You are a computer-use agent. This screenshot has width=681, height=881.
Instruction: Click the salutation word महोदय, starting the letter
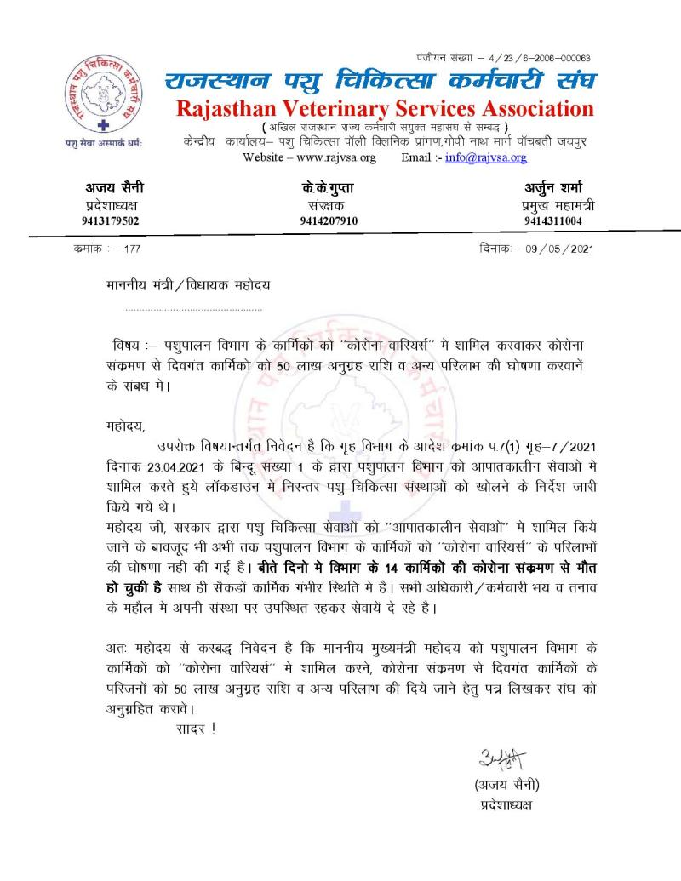(x=120, y=426)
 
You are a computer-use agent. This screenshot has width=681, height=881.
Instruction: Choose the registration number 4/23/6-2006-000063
(x=545, y=58)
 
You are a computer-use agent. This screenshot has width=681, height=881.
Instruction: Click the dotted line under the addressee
(x=194, y=309)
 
